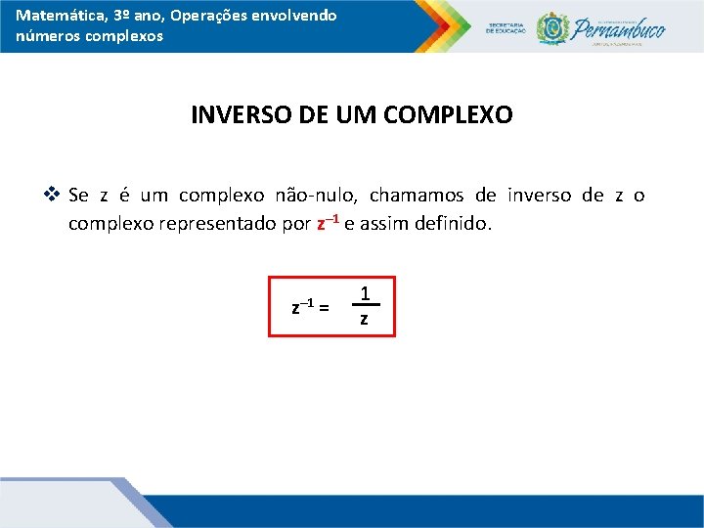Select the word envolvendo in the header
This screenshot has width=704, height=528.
click(x=292, y=16)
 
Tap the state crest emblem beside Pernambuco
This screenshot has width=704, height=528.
click(x=552, y=27)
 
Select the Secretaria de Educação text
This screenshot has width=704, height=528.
click(x=506, y=27)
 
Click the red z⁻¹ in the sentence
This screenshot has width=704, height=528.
click(x=328, y=223)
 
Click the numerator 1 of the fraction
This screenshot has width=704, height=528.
click(x=364, y=292)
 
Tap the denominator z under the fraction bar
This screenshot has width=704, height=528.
click(x=364, y=320)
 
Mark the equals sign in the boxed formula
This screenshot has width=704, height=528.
click(x=324, y=308)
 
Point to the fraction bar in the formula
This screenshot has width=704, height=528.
click(x=364, y=306)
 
